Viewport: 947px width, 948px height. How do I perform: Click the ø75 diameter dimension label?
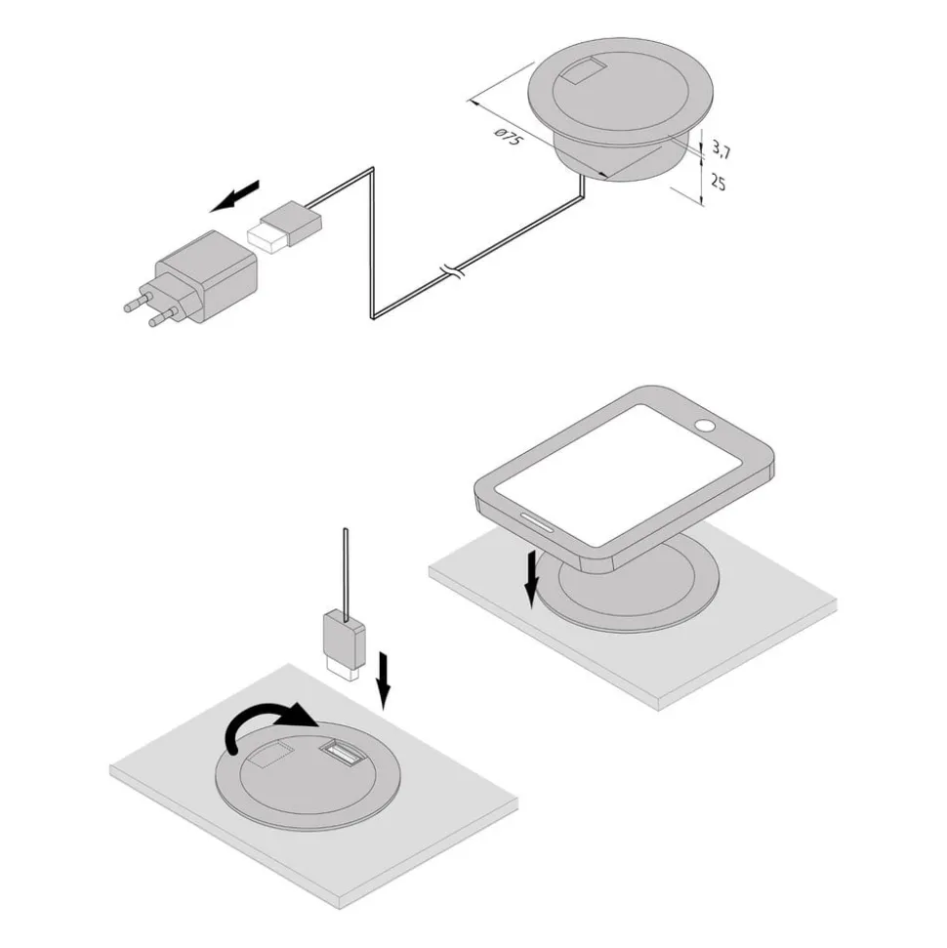click(508, 140)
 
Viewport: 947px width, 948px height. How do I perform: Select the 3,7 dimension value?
click(721, 148)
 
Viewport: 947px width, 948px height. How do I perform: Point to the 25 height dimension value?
click(718, 182)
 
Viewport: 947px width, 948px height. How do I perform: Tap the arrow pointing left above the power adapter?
click(237, 195)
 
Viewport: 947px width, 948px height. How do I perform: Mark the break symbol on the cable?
click(450, 269)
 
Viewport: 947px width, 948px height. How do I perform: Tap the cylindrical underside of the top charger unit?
click(615, 161)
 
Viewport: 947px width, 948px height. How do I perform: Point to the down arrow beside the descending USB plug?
click(384, 680)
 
